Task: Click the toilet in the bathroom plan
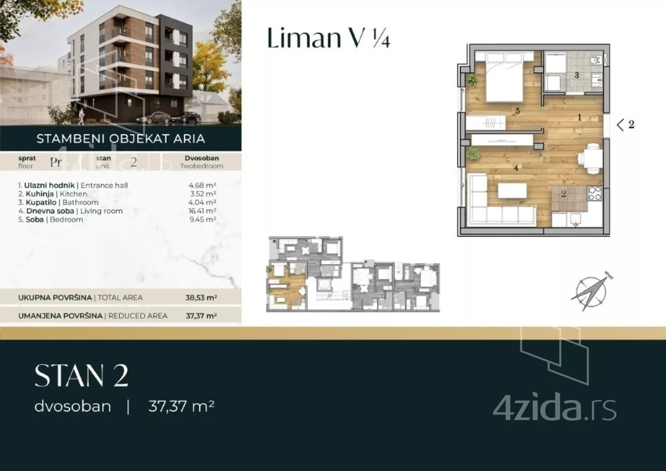595,60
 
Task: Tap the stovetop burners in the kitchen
595,193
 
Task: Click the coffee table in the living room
512,191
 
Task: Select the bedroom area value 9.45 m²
203,219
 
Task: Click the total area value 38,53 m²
201,297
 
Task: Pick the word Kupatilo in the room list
41,203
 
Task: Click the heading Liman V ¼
328,38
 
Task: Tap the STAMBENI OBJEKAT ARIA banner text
121,138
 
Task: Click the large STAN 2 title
81,376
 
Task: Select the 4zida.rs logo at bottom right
555,406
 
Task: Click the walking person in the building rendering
81,117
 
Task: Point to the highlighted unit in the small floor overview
287,285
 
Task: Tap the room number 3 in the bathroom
577,75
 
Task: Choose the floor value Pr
56,162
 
